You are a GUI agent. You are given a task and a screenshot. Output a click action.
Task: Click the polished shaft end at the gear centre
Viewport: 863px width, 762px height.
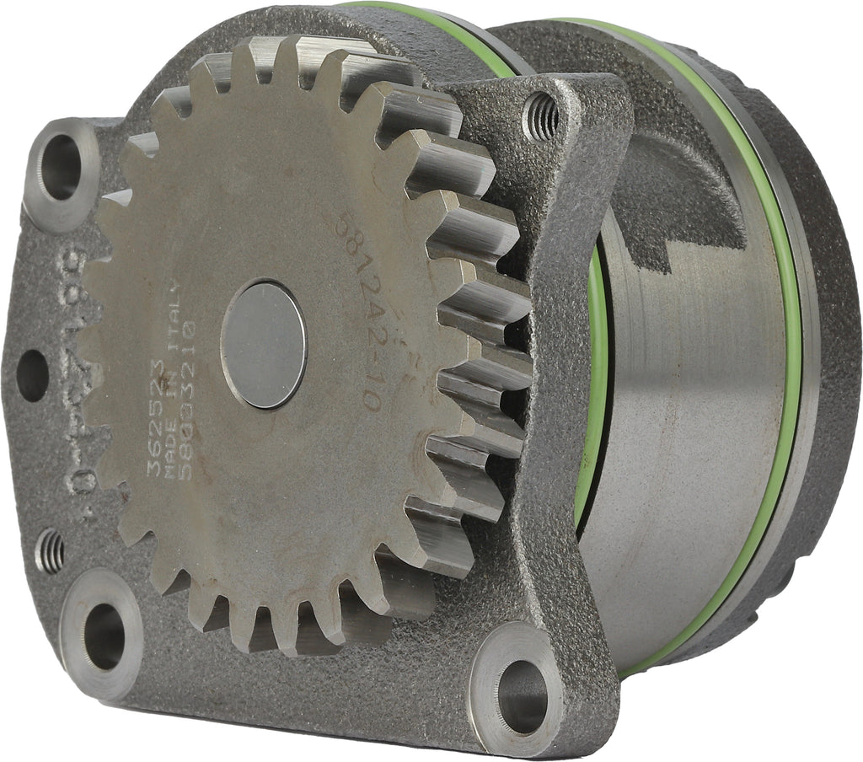263,344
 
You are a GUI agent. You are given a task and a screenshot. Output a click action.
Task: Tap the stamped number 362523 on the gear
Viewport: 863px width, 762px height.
155,418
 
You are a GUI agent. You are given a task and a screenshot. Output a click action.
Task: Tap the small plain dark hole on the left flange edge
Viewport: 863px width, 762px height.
32,375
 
